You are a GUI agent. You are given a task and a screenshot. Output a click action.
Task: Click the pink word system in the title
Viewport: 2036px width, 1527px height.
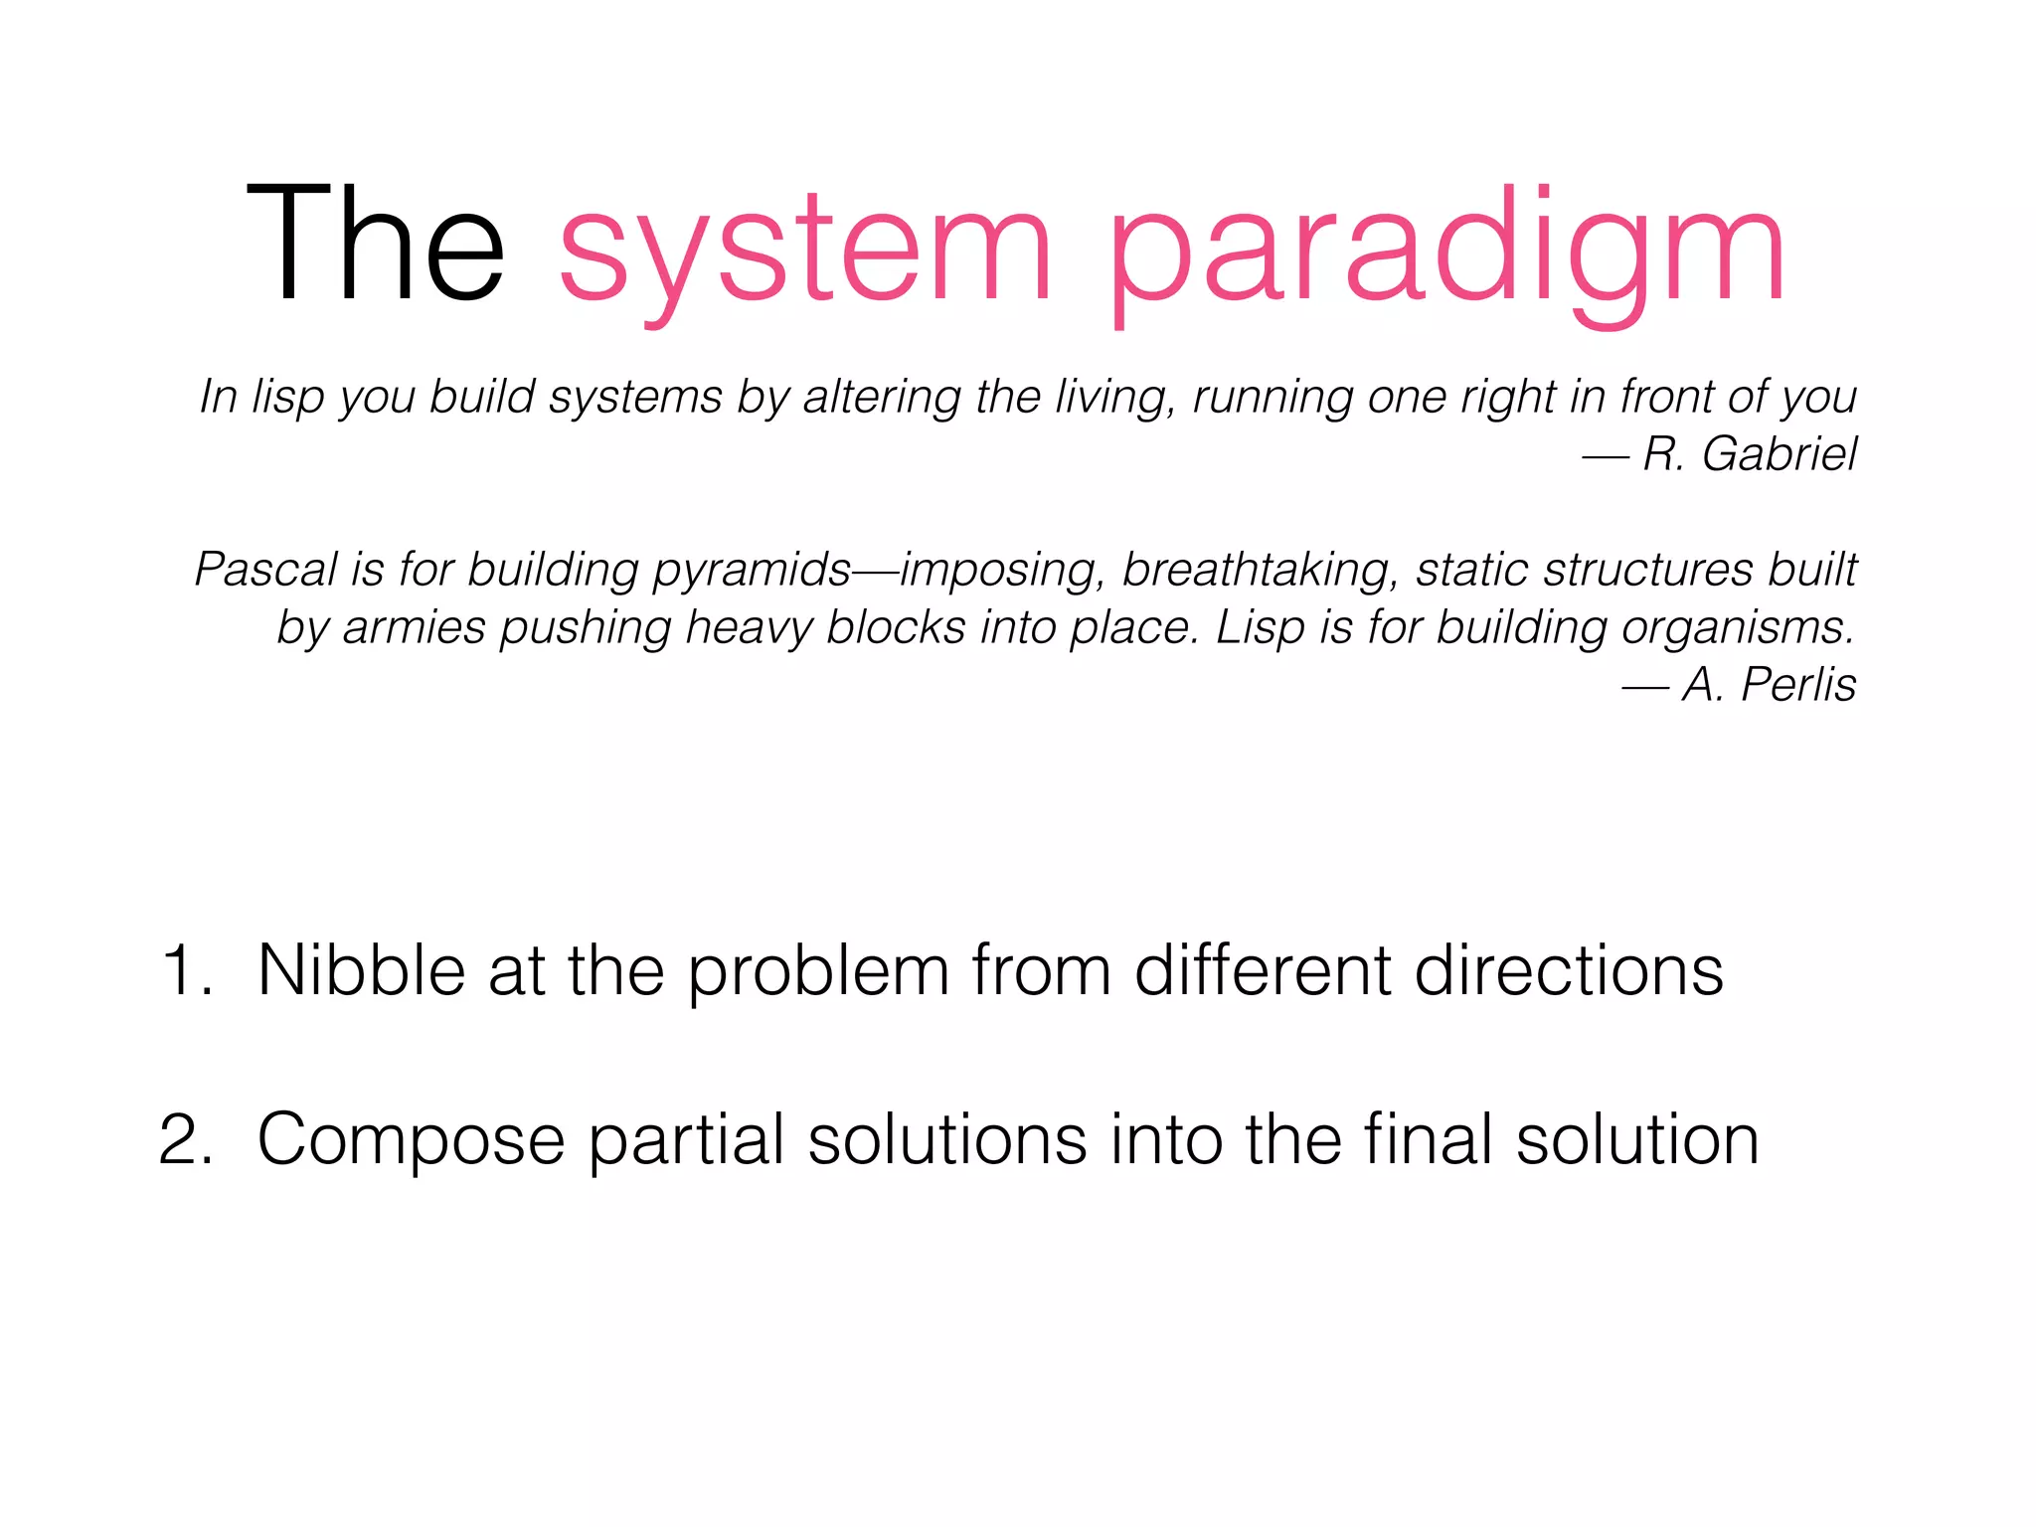pyautogui.click(x=805, y=249)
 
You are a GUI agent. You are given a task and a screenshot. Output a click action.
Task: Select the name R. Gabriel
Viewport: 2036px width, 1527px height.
pyautogui.click(x=1749, y=454)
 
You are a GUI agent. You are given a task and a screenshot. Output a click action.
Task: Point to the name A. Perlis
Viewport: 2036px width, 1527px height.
pyautogui.click(x=1769, y=685)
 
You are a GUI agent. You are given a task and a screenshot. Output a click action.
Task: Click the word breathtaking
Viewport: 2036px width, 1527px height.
pyautogui.click(x=1261, y=571)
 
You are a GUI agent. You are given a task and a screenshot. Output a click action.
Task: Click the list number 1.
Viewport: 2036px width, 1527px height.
pyautogui.click(x=184, y=970)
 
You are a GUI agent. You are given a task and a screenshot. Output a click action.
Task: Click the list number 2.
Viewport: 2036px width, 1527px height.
pyautogui.click(x=185, y=1139)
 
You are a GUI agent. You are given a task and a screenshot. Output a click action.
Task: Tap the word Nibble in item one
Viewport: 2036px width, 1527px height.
pyautogui.click(x=361, y=970)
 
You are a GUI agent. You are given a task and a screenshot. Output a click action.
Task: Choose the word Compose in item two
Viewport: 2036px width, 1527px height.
pyautogui.click(x=411, y=1140)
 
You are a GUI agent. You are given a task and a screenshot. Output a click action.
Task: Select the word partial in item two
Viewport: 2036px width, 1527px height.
pyautogui.click(x=686, y=1139)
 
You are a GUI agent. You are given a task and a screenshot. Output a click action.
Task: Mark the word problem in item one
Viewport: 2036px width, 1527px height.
pyautogui.click(x=818, y=972)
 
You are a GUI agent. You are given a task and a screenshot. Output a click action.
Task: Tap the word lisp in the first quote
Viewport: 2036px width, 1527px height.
pyautogui.click(x=287, y=398)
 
